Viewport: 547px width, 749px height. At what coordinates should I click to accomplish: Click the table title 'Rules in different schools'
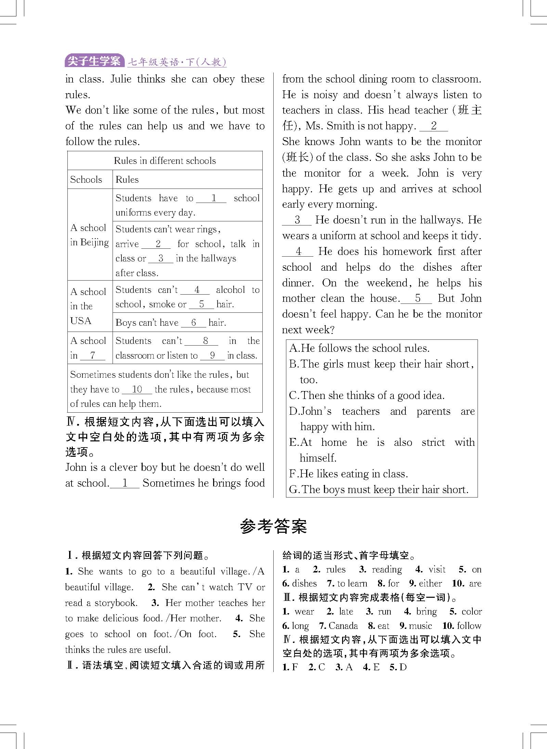click(x=165, y=160)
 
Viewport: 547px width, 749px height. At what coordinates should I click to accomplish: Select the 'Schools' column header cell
click(x=86, y=179)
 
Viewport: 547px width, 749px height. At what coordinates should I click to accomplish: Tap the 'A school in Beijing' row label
click(x=89, y=235)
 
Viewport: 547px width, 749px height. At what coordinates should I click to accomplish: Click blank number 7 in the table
click(x=92, y=355)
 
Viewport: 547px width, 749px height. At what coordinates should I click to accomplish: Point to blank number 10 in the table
click(x=137, y=389)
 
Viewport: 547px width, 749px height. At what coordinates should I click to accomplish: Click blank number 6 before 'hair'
click(x=194, y=322)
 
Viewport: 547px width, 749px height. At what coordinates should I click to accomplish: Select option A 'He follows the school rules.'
click(x=359, y=348)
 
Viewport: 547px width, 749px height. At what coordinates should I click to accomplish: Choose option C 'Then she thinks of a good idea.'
click(x=367, y=396)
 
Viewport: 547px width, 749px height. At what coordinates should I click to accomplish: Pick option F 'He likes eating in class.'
click(x=348, y=474)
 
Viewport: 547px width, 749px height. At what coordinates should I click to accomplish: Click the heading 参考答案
click(x=273, y=527)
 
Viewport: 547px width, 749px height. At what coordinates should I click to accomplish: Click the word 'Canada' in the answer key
click(x=343, y=626)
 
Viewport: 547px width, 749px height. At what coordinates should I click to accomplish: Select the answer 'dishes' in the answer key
click(x=304, y=583)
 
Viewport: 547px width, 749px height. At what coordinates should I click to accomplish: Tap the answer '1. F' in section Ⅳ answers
click(x=290, y=667)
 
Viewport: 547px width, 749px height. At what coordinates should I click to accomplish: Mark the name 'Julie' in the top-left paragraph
click(x=121, y=79)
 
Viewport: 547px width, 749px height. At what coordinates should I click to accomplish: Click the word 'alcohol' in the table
click(x=231, y=290)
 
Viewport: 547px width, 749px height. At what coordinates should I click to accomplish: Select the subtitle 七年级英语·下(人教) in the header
click(x=177, y=62)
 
